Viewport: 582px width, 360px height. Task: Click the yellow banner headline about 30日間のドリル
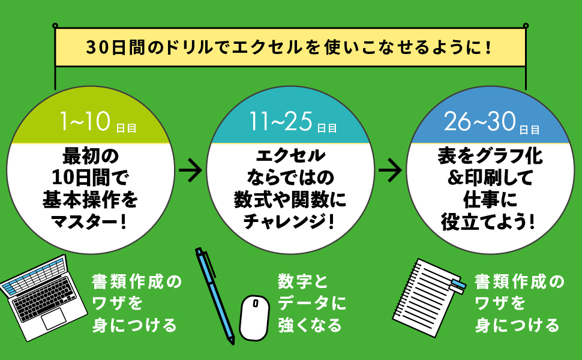(x=290, y=47)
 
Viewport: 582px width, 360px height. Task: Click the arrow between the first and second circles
(x=191, y=170)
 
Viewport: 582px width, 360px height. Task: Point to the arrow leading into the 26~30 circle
(x=391, y=170)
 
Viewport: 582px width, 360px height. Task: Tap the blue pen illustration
(x=214, y=294)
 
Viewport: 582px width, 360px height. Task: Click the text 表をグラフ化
(x=489, y=157)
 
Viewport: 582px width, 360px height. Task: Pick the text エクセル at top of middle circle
(x=290, y=157)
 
